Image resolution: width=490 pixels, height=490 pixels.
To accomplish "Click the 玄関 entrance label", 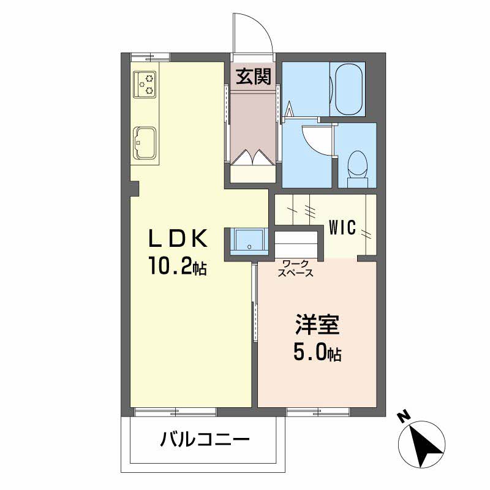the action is coord(254,77).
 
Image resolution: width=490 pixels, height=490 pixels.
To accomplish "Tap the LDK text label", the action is coord(178,238).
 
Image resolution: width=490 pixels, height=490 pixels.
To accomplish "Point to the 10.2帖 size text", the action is coord(178,266).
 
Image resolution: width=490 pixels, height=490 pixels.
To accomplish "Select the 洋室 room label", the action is coord(317,325).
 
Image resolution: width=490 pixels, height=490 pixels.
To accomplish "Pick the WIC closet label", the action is coord(342,227).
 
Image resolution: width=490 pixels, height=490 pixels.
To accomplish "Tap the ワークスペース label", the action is coord(296,268).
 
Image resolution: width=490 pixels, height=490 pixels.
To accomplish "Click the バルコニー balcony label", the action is coord(205,439).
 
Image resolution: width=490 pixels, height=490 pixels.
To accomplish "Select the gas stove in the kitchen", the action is coord(145,85).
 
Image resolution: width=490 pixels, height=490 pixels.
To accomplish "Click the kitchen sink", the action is coord(145,143).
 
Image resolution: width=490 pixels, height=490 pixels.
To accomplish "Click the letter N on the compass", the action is coord(404,417).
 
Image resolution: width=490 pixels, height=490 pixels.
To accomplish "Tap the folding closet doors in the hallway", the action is coord(252,157).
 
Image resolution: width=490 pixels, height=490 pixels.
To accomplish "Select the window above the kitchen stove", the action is coord(150,58).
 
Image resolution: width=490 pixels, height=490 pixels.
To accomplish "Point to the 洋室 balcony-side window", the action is coord(318,412).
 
